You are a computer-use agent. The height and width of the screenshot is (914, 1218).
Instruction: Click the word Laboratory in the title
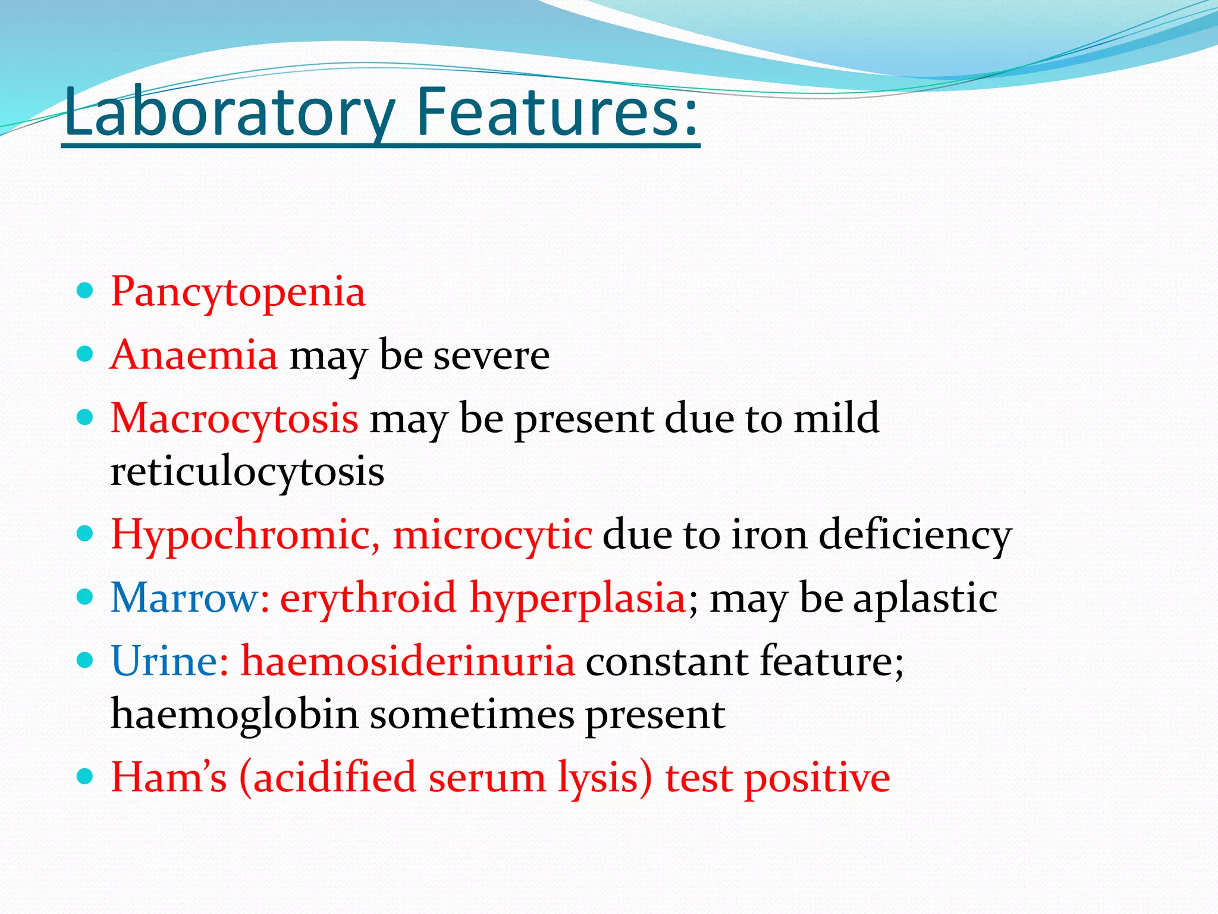pyautogui.click(x=230, y=113)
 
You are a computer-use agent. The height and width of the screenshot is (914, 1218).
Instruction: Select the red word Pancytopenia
pyautogui.click(x=238, y=293)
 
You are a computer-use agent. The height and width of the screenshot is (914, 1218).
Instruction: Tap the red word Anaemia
pyautogui.click(x=194, y=355)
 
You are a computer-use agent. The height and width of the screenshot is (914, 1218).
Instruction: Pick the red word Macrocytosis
pyautogui.click(x=234, y=418)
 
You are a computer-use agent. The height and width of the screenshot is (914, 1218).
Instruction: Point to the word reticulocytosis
pyautogui.click(x=247, y=472)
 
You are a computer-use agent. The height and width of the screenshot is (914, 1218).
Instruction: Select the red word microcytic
pyautogui.click(x=492, y=534)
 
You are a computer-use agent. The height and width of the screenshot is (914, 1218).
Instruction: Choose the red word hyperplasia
pyautogui.click(x=577, y=598)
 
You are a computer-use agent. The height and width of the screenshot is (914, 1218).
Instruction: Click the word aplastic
pyautogui.click(x=925, y=598)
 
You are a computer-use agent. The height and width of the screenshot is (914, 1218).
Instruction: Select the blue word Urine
pyautogui.click(x=165, y=661)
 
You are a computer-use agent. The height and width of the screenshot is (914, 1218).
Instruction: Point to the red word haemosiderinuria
pyautogui.click(x=407, y=661)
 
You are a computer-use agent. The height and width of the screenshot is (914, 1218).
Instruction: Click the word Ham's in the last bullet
pyautogui.click(x=169, y=778)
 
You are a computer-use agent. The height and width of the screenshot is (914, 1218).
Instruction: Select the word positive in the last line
pyautogui.click(x=817, y=778)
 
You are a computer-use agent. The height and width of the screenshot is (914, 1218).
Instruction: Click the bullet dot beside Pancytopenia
pyautogui.click(x=86, y=291)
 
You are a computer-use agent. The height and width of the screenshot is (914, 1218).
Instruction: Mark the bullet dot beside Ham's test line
pyautogui.click(x=86, y=776)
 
